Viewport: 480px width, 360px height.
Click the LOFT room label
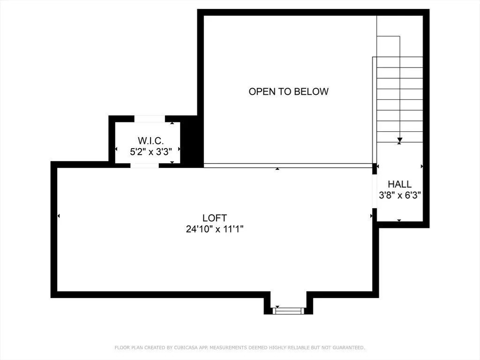[x=215, y=218]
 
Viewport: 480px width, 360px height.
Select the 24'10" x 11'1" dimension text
[x=215, y=229]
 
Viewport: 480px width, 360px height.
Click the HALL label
[x=399, y=185]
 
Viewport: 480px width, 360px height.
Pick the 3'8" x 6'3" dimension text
[x=400, y=195]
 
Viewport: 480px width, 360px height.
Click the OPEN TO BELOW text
[x=288, y=91]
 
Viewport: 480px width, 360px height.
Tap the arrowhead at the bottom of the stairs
[x=399, y=140]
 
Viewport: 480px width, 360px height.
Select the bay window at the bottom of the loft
[x=289, y=310]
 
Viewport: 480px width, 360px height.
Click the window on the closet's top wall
[x=150, y=119]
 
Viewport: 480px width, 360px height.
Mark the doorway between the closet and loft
[x=145, y=165]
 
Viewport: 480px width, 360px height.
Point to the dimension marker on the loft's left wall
[x=59, y=216]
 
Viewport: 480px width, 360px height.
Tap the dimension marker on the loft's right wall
[x=372, y=216]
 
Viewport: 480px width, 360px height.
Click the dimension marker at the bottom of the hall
[x=399, y=220]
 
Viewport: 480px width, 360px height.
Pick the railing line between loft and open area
[x=288, y=165]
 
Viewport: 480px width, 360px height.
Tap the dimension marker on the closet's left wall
[x=116, y=149]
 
